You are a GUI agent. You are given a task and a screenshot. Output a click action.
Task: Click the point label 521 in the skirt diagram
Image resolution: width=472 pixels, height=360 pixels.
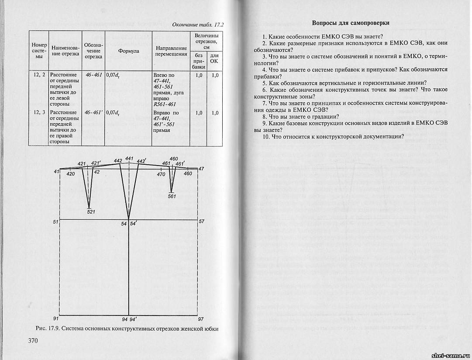(90, 212)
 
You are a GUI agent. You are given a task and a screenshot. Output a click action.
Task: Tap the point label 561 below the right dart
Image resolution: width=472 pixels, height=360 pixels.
(172, 196)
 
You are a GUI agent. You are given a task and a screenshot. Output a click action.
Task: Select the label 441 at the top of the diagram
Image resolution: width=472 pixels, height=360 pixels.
(129, 158)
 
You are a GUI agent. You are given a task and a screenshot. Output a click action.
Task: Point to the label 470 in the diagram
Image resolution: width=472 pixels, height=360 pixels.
(161, 174)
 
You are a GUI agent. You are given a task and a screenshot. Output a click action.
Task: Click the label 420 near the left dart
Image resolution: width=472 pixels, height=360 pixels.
(70, 174)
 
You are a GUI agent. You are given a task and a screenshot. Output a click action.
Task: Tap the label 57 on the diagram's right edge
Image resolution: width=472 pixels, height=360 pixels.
(201, 222)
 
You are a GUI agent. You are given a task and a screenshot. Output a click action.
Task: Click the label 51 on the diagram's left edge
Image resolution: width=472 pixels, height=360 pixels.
(55, 222)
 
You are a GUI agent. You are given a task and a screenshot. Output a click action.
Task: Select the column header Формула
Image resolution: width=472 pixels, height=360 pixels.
(128, 51)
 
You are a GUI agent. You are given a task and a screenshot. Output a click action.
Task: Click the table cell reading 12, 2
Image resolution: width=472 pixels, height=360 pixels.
(39, 75)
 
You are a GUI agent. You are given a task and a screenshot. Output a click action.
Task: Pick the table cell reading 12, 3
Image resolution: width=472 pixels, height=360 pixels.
(39, 113)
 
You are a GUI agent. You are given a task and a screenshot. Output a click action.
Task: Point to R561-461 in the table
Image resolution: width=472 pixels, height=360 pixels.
(165, 104)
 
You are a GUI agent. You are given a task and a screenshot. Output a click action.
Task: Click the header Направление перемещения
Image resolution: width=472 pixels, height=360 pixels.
(171, 51)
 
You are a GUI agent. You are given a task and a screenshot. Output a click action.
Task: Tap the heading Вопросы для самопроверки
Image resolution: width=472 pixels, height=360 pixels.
(351, 23)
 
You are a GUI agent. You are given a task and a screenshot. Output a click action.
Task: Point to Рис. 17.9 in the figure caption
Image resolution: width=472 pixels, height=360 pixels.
(48, 328)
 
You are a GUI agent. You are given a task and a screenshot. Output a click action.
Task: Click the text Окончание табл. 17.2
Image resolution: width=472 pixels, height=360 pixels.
(201, 24)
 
